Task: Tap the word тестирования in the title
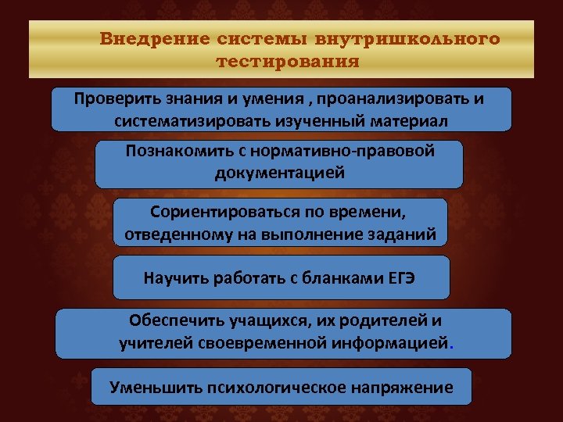286,61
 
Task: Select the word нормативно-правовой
352,151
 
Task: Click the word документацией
279,173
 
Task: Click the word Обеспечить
171,320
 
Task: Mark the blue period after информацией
451,345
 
